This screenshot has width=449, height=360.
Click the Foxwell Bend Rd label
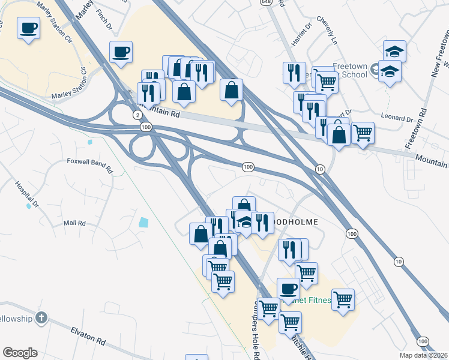[90, 161]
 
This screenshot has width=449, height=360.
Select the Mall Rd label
[75, 223]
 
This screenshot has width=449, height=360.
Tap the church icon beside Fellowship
[41, 317]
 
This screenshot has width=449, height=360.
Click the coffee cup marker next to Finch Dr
[121, 52]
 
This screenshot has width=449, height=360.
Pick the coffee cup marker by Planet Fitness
[288, 289]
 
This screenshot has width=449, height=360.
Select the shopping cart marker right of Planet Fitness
[343, 299]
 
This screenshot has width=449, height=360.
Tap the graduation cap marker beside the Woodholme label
[245, 221]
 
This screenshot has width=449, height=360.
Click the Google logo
[19, 353]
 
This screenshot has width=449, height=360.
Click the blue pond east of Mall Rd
[143, 223]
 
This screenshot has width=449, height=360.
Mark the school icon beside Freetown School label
[375, 69]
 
